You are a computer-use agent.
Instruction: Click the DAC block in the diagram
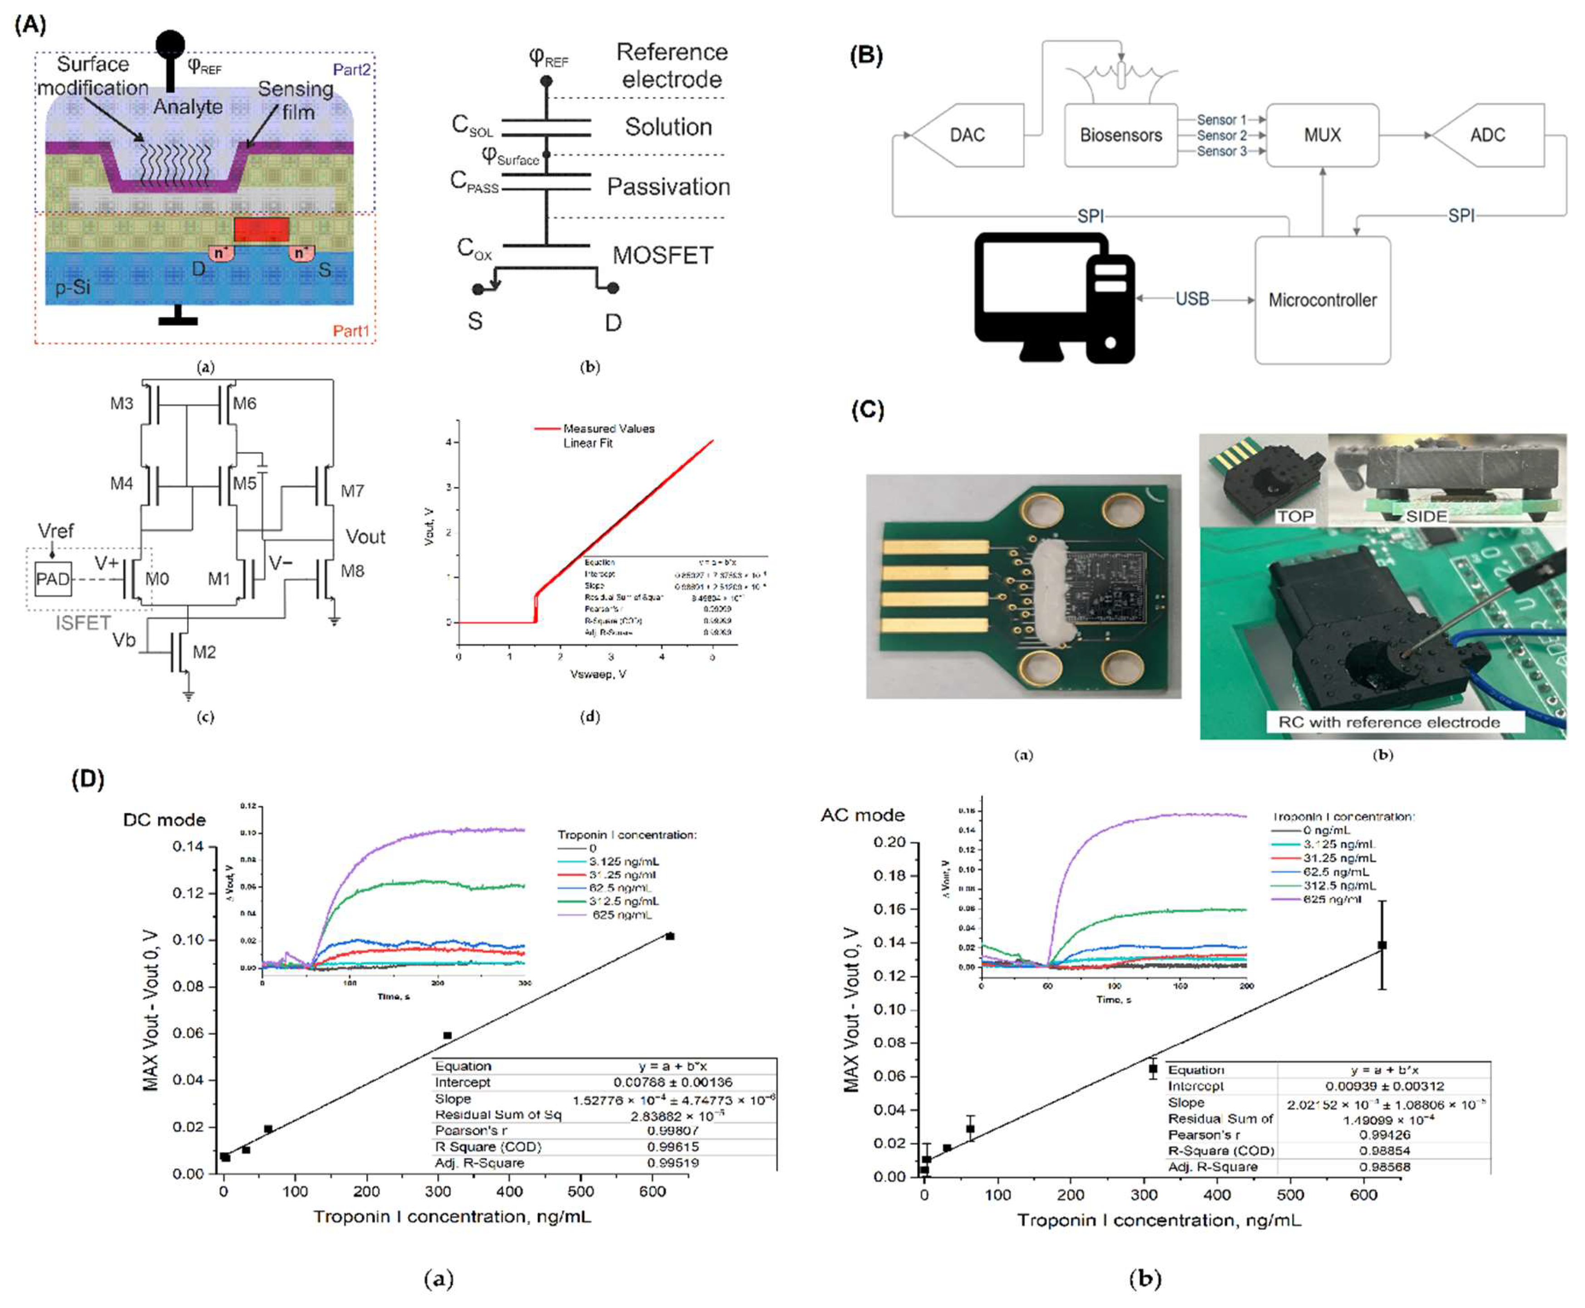(967, 136)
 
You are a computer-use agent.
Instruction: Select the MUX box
(1322, 136)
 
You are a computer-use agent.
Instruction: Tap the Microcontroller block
(1322, 300)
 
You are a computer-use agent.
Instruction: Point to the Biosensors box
(1120, 136)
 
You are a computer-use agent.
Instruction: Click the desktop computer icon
(1054, 298)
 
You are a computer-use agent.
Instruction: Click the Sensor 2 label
(1222, 136)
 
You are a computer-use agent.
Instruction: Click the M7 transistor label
(352, 491)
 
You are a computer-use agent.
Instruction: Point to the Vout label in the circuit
(365, 536)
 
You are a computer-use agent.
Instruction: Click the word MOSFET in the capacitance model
(662, 256)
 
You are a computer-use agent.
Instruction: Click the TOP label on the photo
(1295, 516)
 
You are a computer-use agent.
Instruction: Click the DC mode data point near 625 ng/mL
(670, 936)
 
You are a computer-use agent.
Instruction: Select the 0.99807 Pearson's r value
(672, 1130)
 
